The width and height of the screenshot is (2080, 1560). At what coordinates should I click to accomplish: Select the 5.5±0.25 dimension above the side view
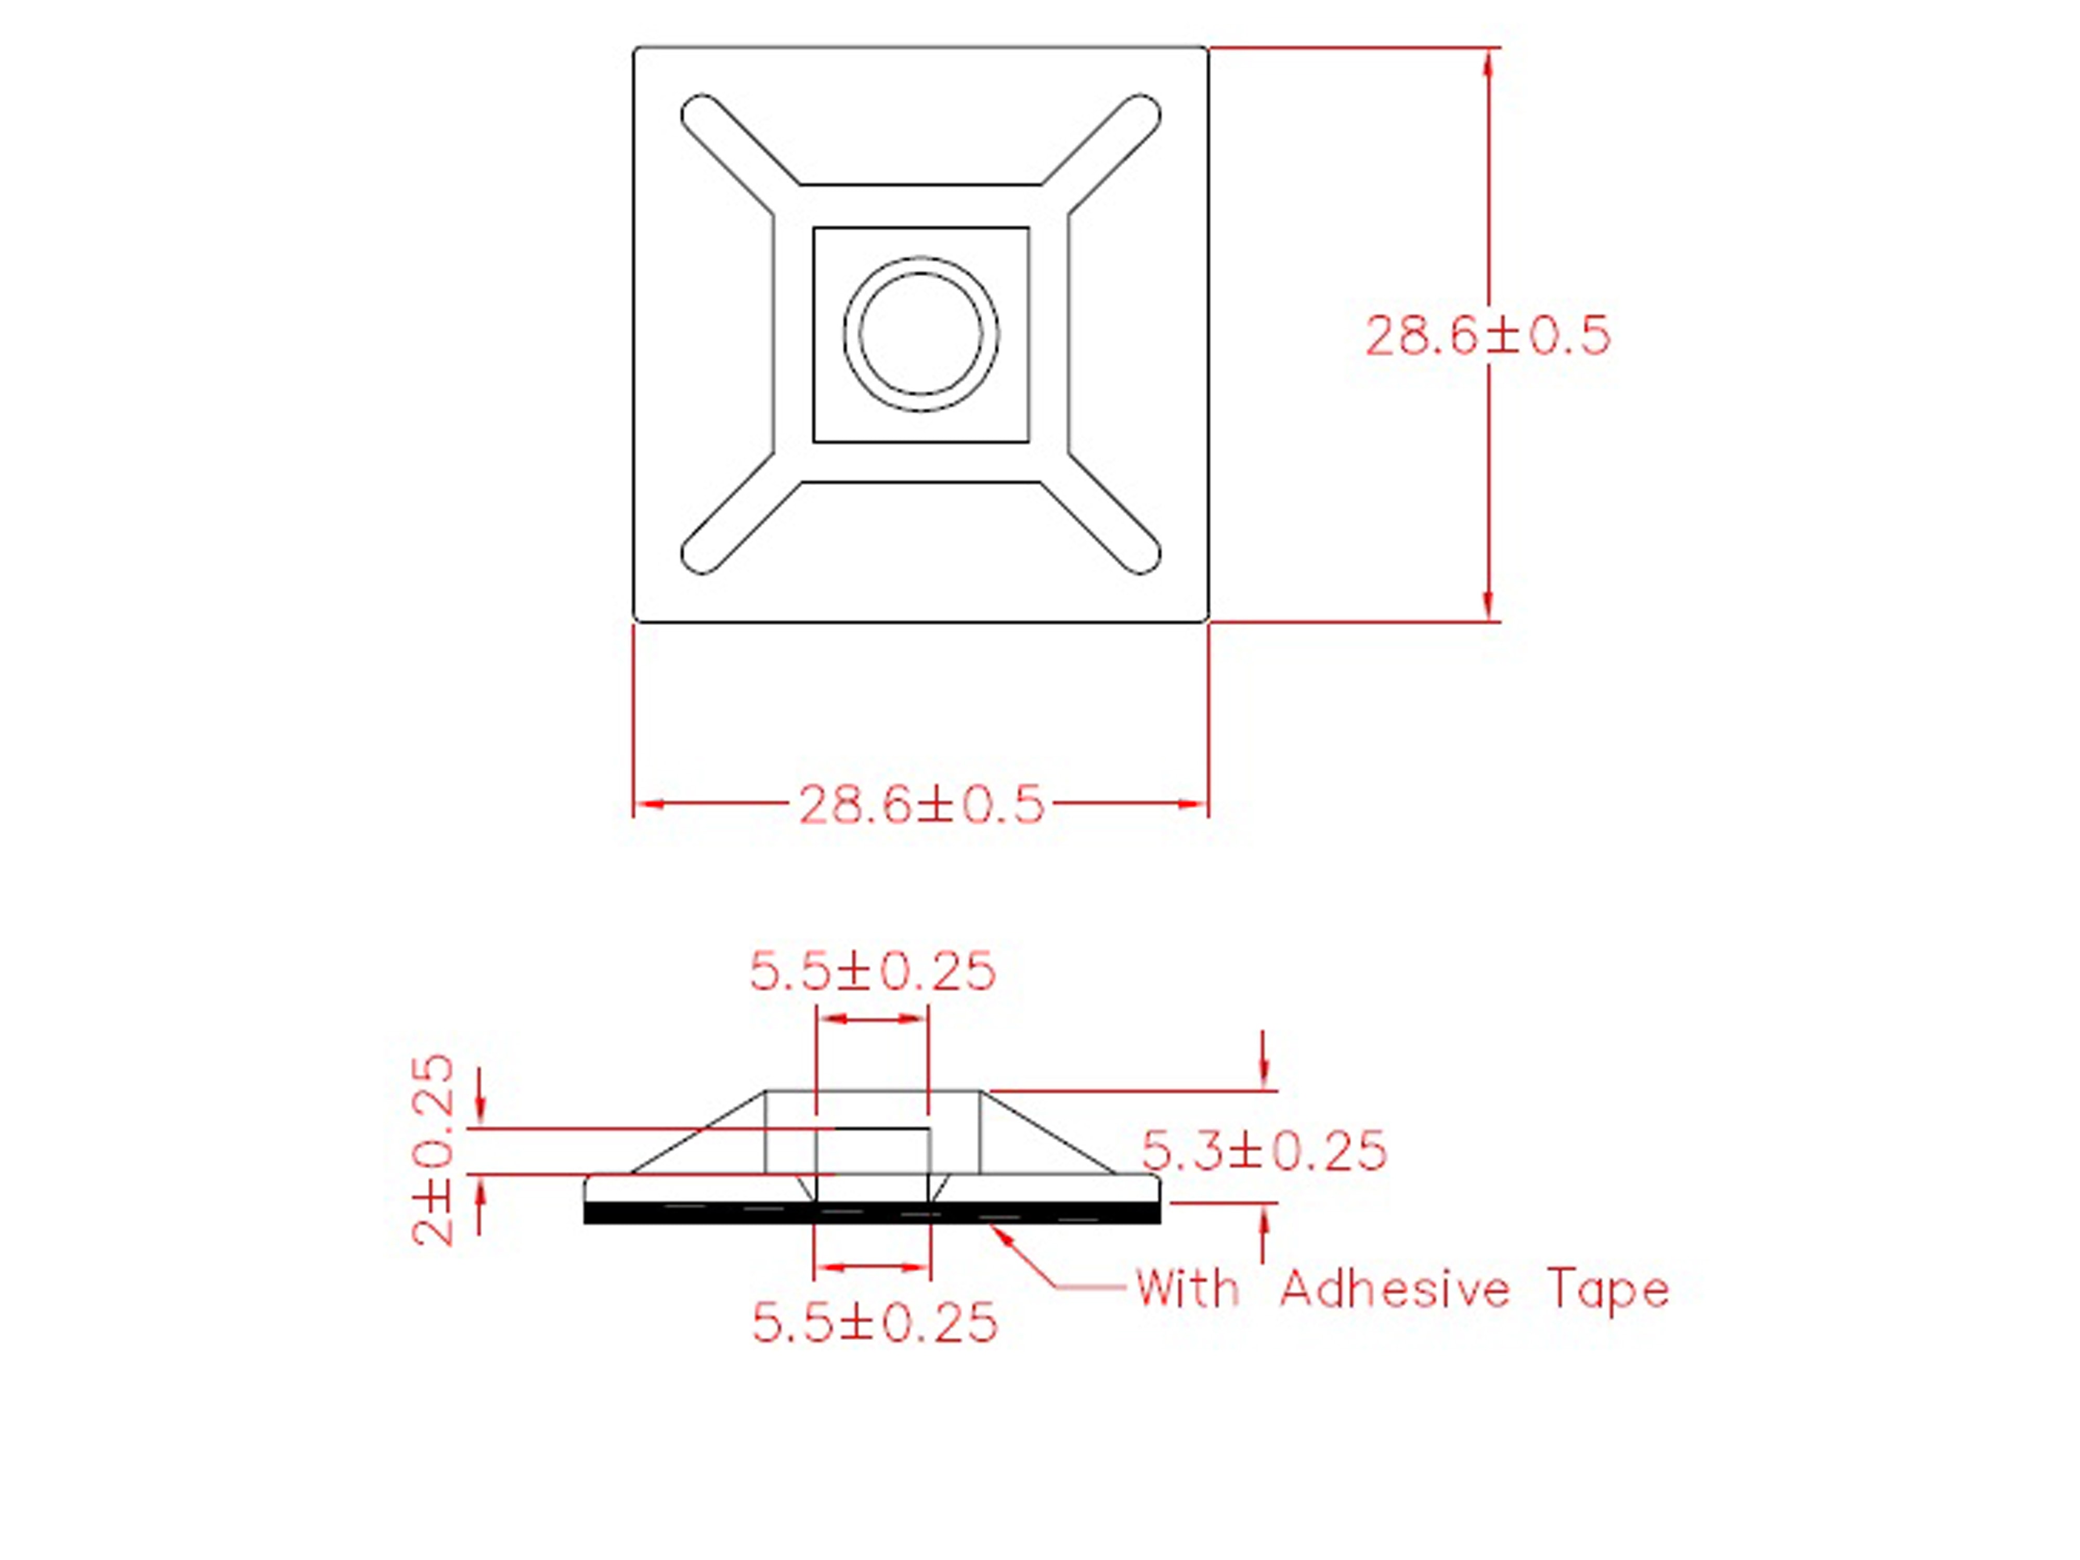872,971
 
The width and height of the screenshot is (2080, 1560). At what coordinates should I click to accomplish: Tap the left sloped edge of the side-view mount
698,1133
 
